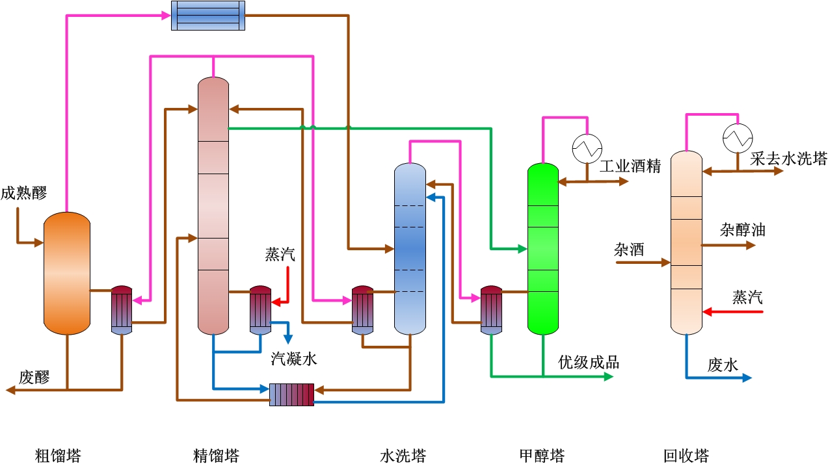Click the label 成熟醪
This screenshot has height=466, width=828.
click(x=24, y=193)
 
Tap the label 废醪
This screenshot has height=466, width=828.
click(x=34, y=377)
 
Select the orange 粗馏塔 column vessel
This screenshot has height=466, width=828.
click(x=66, y=273)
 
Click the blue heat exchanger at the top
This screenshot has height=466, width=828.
click(x=208, y=15)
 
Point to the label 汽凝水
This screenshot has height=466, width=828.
click(x=294, y=358)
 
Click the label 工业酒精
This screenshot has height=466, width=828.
click(x=630, y=166)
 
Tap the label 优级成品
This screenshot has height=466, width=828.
click(x=589, y=362)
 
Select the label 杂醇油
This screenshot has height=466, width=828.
click(x=742, y=229)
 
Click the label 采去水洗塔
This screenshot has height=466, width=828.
click(x=788, y=159)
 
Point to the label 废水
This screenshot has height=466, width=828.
click(x=723, y=365)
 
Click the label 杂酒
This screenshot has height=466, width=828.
click(x=629, y=250)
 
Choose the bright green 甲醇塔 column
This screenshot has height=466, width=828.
click(x=542, y=249)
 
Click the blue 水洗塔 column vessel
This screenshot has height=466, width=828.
click(x=410, y=249)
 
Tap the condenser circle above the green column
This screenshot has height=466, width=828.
click(x=587, y=148)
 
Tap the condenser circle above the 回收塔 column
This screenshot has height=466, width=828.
click(x=738, y=137)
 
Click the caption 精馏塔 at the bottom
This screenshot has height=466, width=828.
click(x=216, y=456)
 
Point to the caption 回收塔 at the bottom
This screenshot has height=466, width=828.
click(x=686, y=456)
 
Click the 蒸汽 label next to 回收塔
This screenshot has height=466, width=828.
click(x=747, y=298)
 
